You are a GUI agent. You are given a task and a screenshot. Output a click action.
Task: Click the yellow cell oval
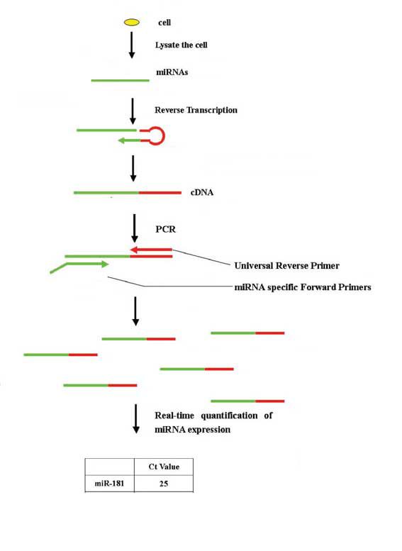click(x=132, y=23)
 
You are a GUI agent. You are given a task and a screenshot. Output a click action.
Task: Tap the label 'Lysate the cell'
click(x=182, y=45)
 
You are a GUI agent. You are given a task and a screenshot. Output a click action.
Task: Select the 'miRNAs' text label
click(x=172, y=72)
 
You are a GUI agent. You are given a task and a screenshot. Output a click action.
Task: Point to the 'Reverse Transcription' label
click(x=196, y=110)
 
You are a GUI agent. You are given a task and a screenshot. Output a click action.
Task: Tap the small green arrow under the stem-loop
click(x=129, y=140)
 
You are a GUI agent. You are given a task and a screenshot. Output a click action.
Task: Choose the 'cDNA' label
click(x=201, y=193)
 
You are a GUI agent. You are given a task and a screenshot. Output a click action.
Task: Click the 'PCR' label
click(x=165, y=229)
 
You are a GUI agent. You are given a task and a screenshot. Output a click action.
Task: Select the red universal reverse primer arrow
click(x=151, y=250)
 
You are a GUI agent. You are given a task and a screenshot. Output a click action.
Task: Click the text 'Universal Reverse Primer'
click(x=286, y=266)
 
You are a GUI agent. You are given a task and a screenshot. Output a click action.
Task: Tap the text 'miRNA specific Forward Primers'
click(x=303, y=287)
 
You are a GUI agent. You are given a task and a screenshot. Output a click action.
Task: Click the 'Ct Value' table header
click(x=164, y=467)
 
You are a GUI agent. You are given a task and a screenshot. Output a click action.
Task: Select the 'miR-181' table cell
click(x=109, y=483)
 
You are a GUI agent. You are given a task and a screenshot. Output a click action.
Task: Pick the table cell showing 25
click(x=164, y=484)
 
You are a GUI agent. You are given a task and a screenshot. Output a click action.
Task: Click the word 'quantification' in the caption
click(x=229, y=416)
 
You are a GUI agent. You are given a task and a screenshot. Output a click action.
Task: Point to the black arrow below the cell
click(x=132, y=45)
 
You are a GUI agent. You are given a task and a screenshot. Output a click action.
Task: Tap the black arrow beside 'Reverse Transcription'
click(x=133, y=111)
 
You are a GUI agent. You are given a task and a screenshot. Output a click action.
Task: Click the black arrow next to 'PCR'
click(x=134, y=228)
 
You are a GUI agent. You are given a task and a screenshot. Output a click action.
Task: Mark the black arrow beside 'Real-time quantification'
click(x=136, y=419)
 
